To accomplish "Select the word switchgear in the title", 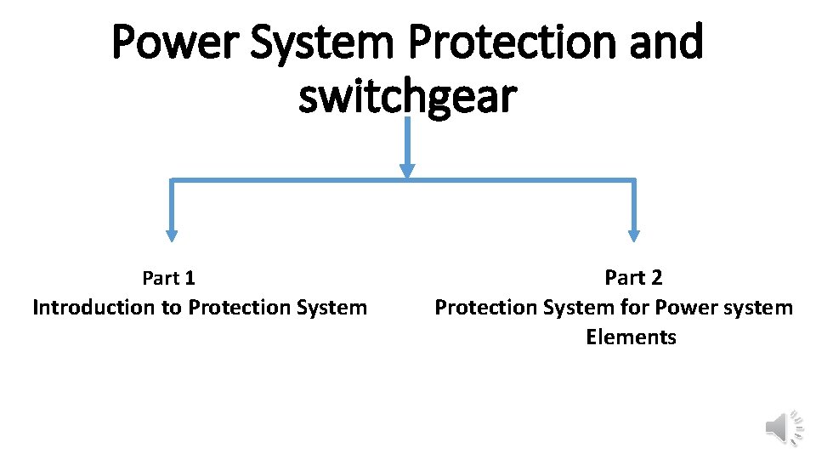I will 407,96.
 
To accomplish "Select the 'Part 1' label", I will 168,278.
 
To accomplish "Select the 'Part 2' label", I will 633,277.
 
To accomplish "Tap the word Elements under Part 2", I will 631,337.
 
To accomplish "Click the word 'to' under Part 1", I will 171,307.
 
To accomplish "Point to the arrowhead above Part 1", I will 172,235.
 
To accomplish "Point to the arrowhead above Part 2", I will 633,235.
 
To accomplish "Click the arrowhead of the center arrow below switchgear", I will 407,171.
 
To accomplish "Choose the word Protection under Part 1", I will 232,307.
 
